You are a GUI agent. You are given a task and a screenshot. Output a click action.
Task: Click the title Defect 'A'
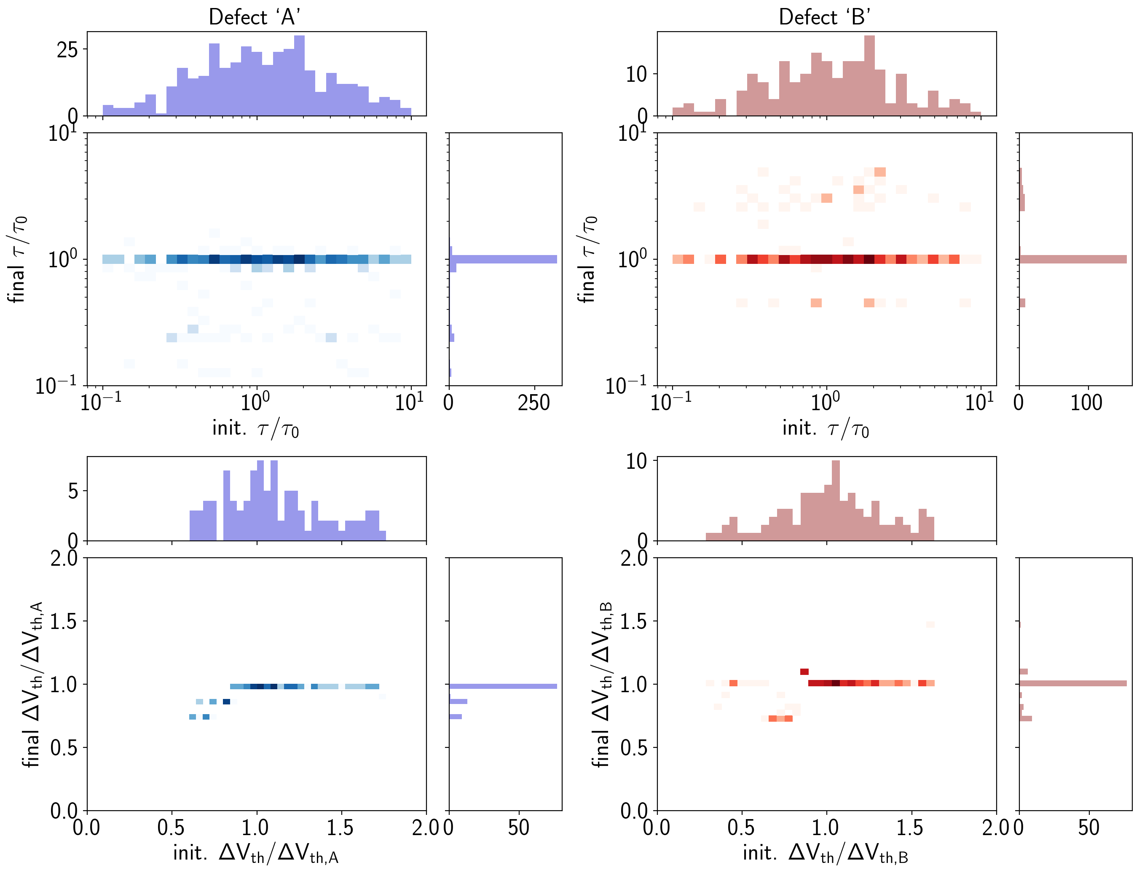pos(255,17)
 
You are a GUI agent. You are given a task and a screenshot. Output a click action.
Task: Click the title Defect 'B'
pos(825,17)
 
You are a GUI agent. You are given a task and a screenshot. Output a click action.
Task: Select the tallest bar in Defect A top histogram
pos(299,75)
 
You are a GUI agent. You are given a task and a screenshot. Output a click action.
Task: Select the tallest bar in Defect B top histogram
pos(869,75)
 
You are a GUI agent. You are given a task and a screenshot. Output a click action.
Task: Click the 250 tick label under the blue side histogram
pos(534,403)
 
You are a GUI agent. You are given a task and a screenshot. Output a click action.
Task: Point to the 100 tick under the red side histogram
pos(1086,403)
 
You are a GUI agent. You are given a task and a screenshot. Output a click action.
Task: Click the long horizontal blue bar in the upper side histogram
pos(503,259)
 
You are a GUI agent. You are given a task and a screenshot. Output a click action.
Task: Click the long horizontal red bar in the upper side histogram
pos(1072,259)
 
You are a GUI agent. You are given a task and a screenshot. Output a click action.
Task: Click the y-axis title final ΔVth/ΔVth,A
pos(32,684)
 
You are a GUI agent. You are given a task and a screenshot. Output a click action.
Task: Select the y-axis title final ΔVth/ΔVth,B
pos(602,684)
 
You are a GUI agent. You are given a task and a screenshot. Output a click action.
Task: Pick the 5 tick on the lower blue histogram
pos(73,491)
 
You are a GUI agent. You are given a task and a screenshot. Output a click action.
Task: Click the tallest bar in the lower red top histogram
pos(836,500)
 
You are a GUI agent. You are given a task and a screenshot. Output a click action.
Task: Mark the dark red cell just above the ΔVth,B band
pos(804,672)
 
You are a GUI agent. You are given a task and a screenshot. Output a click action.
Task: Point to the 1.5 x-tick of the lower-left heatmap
pos(341,828)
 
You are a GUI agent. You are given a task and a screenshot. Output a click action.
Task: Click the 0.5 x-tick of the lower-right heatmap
pos(741,828)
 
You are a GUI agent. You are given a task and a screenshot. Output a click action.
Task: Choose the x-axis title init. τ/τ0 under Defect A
pos(256,429)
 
